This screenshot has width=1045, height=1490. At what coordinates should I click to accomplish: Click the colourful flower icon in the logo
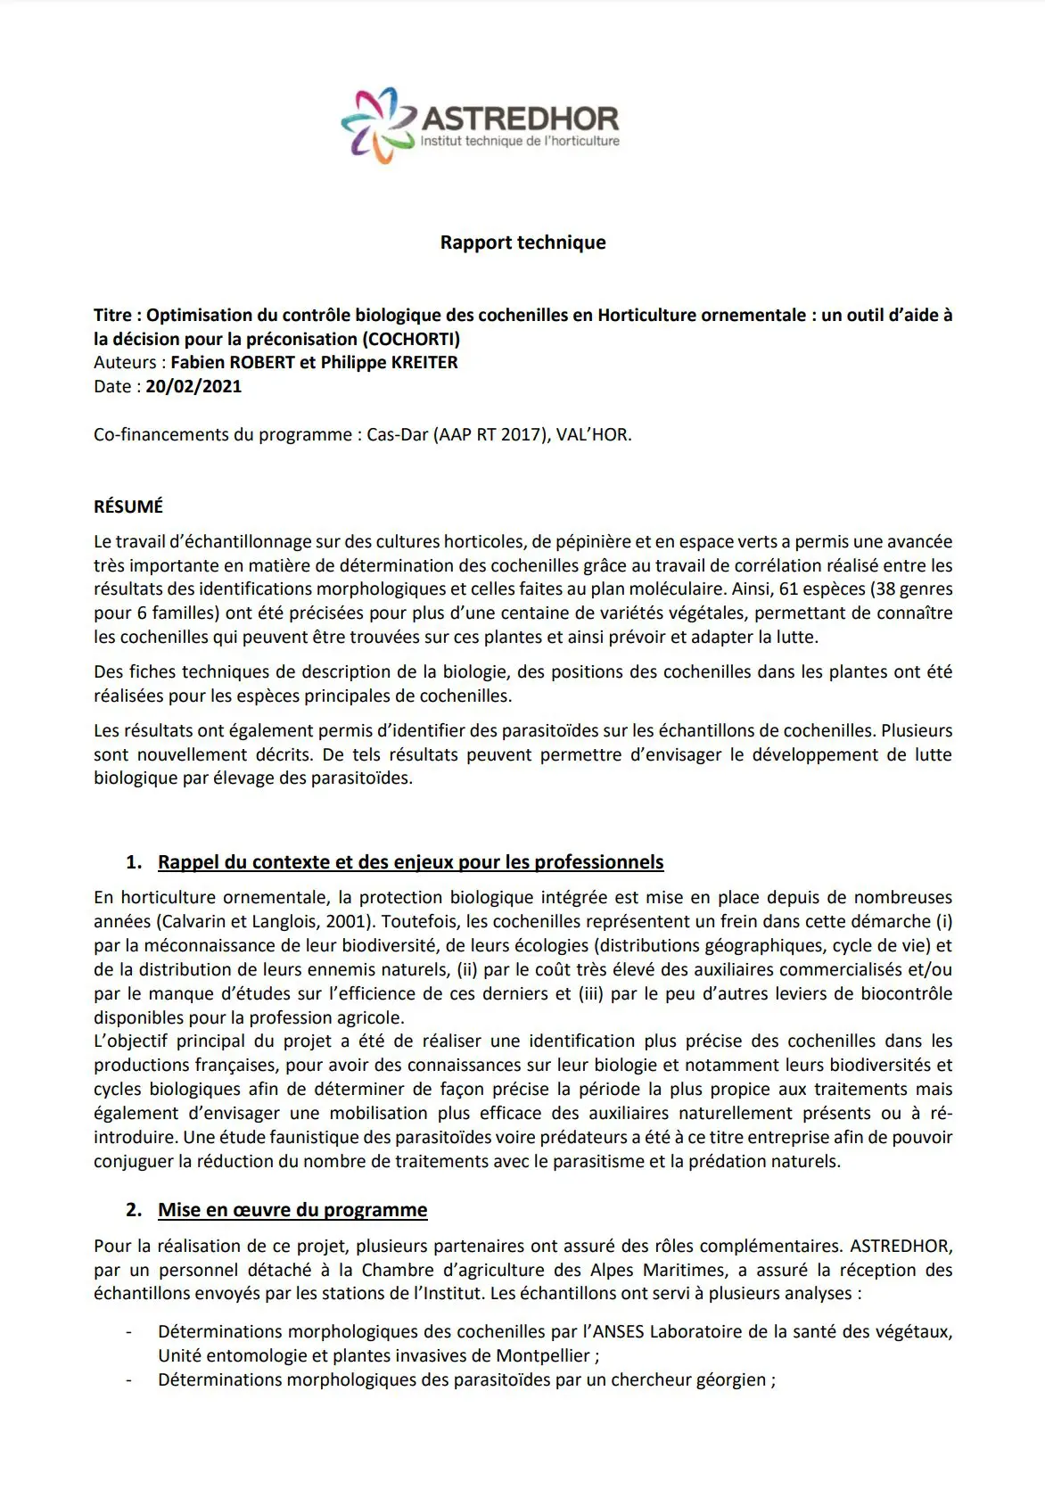374,125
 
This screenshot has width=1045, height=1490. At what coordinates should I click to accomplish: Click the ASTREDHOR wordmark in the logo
520,119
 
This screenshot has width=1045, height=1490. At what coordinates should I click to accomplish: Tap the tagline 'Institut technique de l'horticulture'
520,142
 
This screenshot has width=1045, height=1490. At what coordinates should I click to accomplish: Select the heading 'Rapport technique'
522,243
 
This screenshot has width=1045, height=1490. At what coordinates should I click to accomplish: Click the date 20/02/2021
193,387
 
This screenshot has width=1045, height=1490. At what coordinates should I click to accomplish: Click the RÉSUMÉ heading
128,506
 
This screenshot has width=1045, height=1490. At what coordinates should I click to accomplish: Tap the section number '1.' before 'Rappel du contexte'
134,862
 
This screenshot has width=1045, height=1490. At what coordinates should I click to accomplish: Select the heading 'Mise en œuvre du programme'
292,1210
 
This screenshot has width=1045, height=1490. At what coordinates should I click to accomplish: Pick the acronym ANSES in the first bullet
619,1332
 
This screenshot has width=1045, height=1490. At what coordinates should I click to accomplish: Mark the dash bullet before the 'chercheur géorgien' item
129,1380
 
